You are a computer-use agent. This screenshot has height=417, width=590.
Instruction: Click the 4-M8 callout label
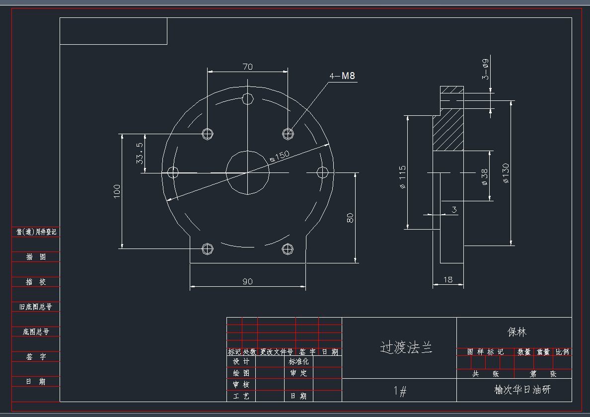[x=343, y=76]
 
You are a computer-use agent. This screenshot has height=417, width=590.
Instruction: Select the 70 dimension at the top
[x=248, y=67]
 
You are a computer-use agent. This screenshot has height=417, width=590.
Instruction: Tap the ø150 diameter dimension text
[x=279, y=156]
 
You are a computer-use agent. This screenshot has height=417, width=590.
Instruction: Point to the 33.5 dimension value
[x=140, y=153]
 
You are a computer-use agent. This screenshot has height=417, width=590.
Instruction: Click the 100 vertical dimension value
[x=117, y=191]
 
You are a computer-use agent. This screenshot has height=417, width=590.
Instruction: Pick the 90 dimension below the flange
[x=247, y=281]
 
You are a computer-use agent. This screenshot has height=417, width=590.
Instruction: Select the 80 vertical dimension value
[x=350, y=218]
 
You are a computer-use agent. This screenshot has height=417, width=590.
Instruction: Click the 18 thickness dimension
[x=447, y=280]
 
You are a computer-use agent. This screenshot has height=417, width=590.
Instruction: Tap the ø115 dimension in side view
[x=402, y=177]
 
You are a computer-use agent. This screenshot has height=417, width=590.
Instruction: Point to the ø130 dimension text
[x=506, y=173]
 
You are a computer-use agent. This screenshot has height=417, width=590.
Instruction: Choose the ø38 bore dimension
[x=484, y=177]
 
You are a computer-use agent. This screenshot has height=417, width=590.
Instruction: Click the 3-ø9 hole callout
[x=485, y=69]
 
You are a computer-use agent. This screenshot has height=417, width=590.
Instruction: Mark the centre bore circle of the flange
[x=248, y=172]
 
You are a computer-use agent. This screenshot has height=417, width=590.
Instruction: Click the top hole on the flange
[x=248, y=98]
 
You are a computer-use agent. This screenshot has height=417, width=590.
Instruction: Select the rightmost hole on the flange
[x=322, y=172]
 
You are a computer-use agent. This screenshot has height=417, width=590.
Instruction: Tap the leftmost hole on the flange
[x=173, y=172]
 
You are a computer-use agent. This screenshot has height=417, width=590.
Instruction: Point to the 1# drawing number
[x=400, y=392]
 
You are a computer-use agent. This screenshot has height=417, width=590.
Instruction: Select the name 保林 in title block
[x=516, y=332]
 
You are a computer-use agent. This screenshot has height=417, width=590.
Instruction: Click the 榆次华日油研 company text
[x=522, y=390]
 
